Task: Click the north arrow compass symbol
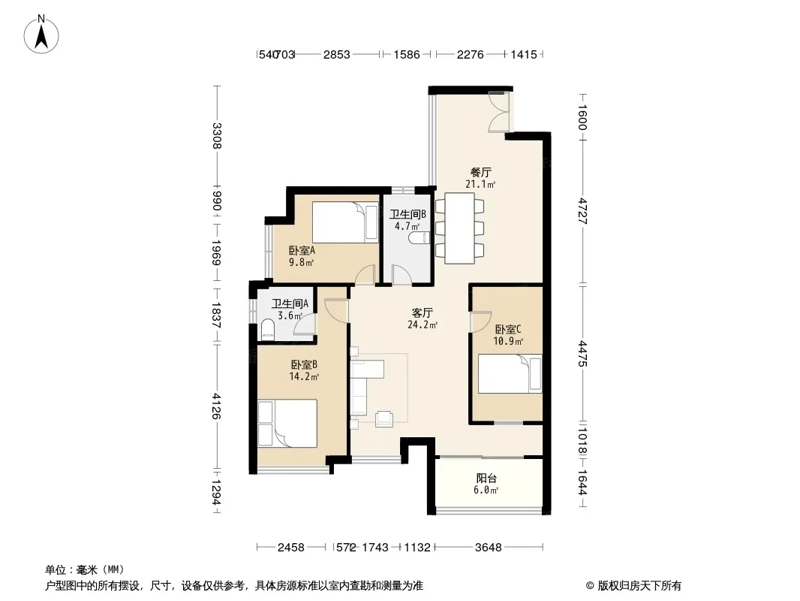(41, 35)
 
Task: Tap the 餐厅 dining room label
(480, 172)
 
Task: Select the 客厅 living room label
(423, 313)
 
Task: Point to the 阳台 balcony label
(486, 478)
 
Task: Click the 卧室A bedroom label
(302, 250)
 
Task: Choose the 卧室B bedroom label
(304, 364)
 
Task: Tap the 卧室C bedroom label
(507, 329)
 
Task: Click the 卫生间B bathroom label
(408, 214)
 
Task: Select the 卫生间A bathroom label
(290, 304)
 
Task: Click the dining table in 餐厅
(460, 228)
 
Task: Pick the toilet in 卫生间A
(268, 329)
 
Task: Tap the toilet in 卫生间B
(420, 238)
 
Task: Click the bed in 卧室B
(287, 423)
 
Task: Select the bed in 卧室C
(510, 374)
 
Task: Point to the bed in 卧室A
(345, 222)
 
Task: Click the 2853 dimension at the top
(337, 54)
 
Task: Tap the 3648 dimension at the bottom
(489, 548)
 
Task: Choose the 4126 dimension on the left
(216, 406)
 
